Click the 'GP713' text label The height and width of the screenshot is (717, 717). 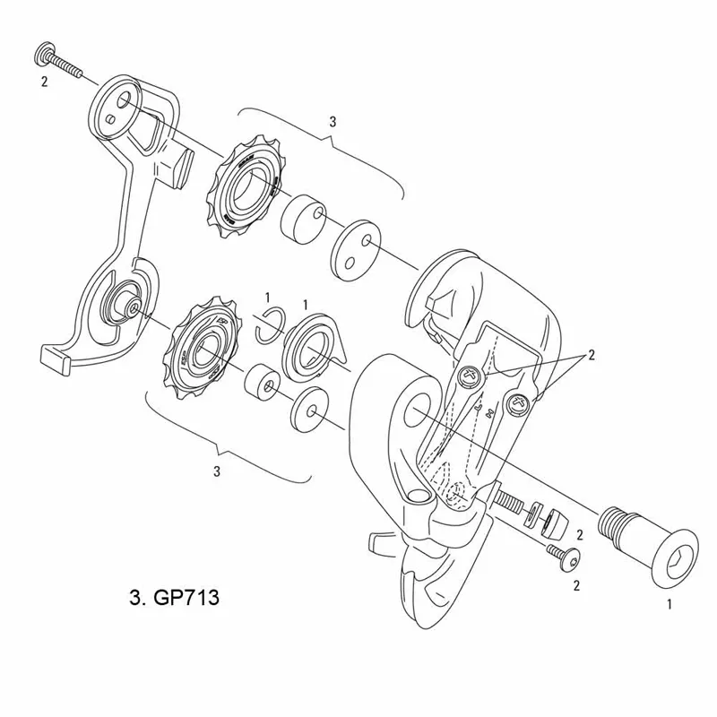176,596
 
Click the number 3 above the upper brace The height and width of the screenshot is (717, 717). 333,120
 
